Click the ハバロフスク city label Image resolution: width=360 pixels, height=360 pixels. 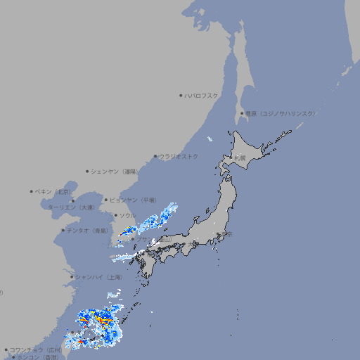202,96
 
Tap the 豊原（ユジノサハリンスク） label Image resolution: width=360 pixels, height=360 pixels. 281,113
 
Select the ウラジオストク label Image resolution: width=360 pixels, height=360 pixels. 179,157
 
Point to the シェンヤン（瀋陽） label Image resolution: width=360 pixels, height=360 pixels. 116,172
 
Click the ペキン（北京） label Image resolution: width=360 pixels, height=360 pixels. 53,191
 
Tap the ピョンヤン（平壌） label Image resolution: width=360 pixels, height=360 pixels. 133,200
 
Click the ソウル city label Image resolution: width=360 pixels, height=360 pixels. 127,216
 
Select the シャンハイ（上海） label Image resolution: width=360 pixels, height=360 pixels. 98,278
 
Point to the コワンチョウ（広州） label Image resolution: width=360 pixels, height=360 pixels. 35,349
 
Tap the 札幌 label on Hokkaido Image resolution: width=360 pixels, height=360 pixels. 240,158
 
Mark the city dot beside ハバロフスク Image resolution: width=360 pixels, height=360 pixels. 181,96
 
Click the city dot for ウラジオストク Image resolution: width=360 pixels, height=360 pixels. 155,157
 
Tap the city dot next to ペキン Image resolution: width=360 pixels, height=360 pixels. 31,191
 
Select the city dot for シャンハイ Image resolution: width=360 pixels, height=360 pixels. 71,277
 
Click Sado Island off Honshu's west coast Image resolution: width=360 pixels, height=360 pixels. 210,210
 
